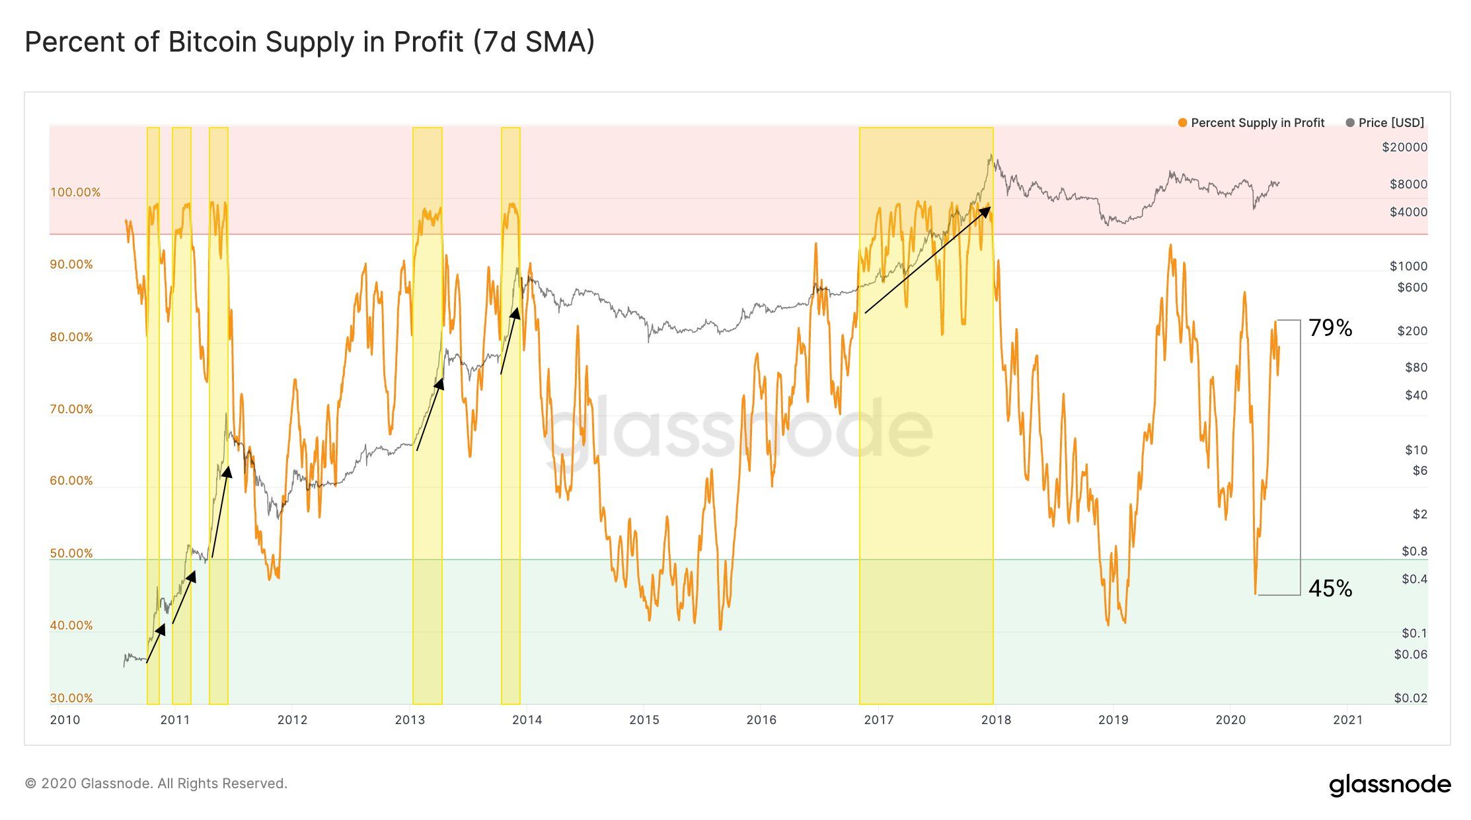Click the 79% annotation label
tap(1330, 328)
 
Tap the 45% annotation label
tap(1330, 588)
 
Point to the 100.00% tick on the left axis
tap(75, 192)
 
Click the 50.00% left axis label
tap(71, 553)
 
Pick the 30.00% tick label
tap(71, 698)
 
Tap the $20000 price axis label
tap(1404, 147)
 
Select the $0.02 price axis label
tap(1410, 698)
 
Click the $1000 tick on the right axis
tap(1408, 266)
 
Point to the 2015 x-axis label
tap(644, 720)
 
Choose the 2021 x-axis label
tap(1347, 720)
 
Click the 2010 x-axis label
tap(65, 720)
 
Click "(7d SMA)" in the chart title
tap(534, 42)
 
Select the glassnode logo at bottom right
tap(1390, 785)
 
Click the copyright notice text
tap(156, 784)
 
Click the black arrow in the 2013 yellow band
tap(430, 415)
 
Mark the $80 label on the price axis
tap(1415, 368)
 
